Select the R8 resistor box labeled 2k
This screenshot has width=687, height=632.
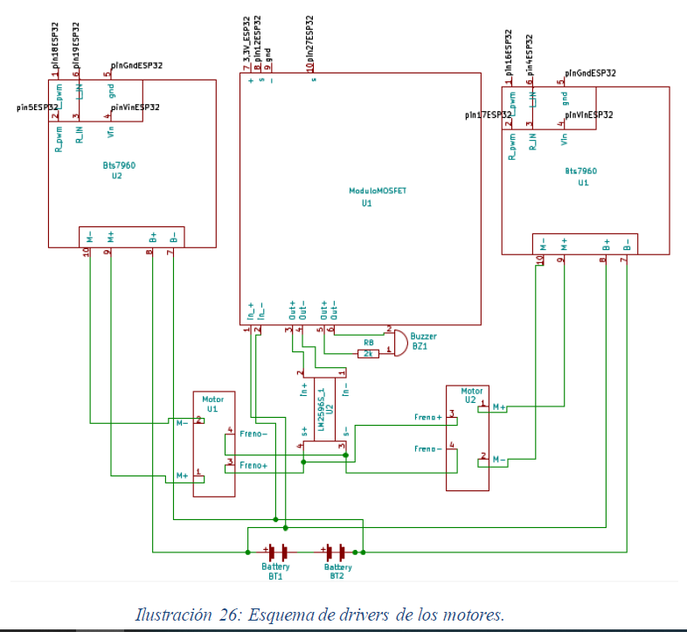point(368,353)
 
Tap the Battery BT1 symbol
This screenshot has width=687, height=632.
point(278,552)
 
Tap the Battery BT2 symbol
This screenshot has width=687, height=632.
point(337,552)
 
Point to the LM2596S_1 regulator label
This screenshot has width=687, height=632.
point(321,409)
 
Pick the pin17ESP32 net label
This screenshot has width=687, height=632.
point(489,115)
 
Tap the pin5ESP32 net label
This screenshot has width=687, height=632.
point(38,108)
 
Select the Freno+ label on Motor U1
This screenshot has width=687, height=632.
point(253,465)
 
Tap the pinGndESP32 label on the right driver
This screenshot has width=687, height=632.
point(590,73)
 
